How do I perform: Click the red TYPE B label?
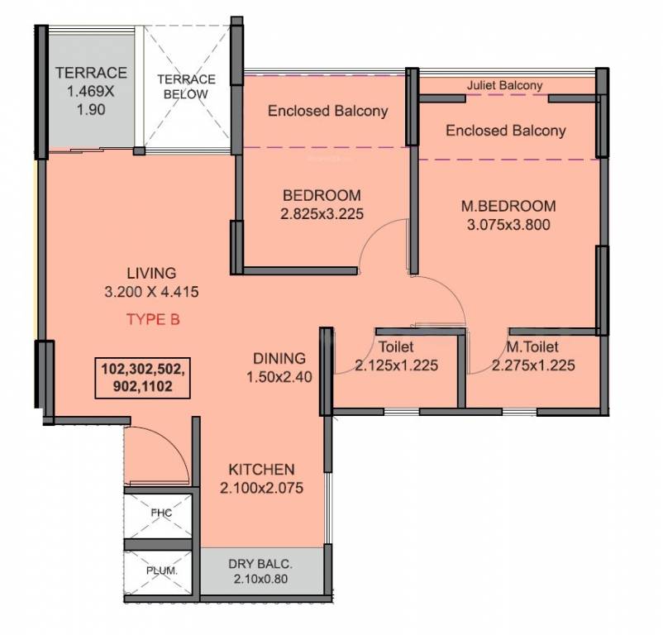point(153,319)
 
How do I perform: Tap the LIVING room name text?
point(151,273)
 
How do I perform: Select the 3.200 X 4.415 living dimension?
point(151,292)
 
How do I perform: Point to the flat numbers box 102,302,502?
point(142,378)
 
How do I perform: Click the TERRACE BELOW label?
point(186,87)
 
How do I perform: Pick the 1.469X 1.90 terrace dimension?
point(91,100)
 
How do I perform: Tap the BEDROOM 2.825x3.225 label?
point(322,204)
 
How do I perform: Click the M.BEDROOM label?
point(508,206)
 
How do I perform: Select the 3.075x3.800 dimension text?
point(508,225)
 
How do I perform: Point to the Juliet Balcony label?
point(504,85)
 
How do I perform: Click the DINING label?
point(279,358)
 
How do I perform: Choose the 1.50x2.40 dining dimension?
point(279,377)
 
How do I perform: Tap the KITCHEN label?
point(261,470)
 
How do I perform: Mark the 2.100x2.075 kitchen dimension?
point(261,488)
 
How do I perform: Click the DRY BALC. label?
point(260,564)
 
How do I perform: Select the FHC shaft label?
point(161,513)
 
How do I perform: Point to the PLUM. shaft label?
point(162,571)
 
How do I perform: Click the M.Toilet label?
point(532,347)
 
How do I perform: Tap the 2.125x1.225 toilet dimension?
point(396,365)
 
